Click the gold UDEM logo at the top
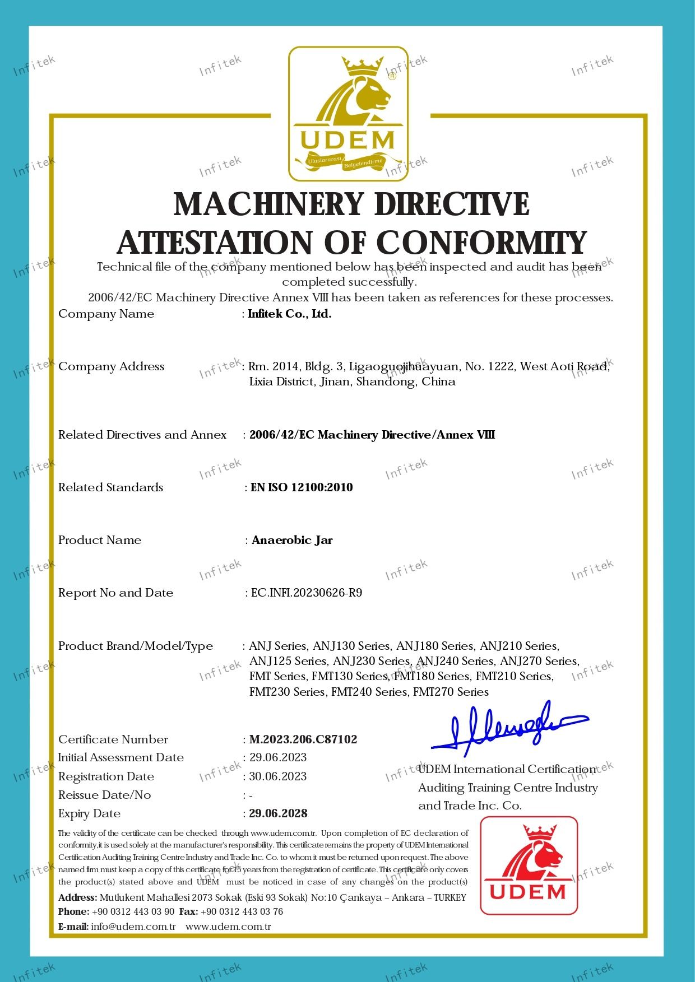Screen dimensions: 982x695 (348, 114)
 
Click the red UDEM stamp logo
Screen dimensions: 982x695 (529, 865)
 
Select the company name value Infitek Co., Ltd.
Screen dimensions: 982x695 (290, 314)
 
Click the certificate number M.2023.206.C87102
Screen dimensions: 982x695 (303, 739)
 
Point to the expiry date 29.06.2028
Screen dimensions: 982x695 (279, 813)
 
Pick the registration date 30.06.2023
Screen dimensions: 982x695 (278, 776)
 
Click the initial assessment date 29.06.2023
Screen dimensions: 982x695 (278, 757)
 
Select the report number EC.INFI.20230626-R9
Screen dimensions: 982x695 (306, 593)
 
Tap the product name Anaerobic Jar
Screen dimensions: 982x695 (292, 541)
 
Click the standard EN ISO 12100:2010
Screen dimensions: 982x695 (302, 487)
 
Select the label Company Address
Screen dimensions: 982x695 (111, 366)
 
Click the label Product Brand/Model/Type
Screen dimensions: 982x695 (136, 646)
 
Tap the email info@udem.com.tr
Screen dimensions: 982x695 (133, 927)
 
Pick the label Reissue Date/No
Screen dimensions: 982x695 (104, 795)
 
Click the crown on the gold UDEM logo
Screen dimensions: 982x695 (365, 67)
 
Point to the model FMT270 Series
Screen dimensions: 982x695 (451, 692)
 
